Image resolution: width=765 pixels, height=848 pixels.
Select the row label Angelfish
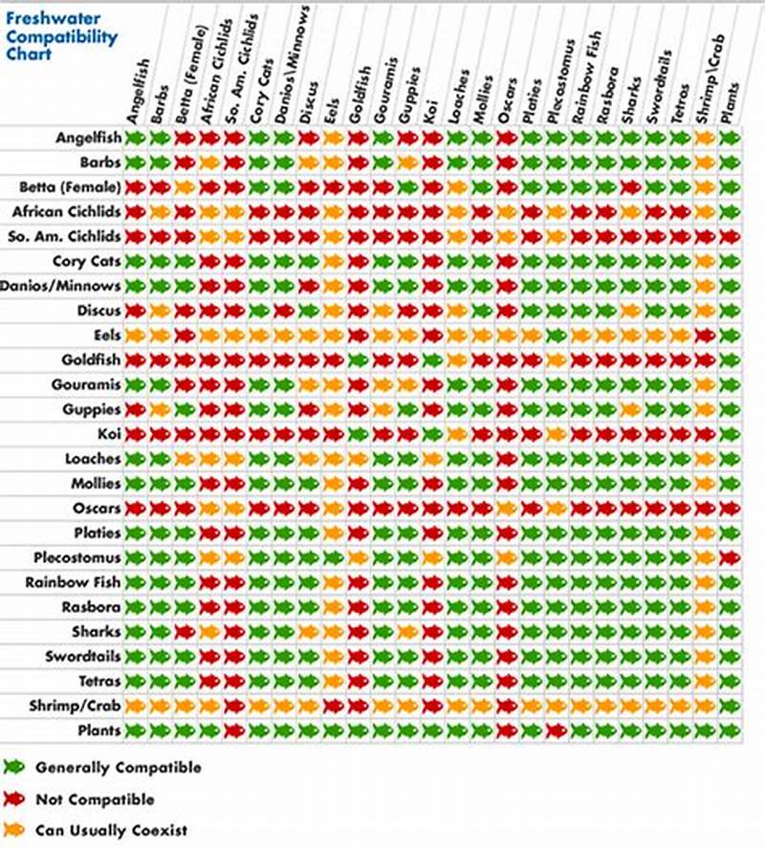pyautogui.click(x=88, y=138)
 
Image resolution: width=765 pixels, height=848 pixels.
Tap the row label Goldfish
pyautogui.click(x=91, y=359)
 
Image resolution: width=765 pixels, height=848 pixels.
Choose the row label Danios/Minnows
pyautogui.click(x=61, y=286)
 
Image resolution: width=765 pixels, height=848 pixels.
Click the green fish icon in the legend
pyautogui.click(x=13, y=767)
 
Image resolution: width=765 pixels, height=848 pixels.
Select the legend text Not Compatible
pyautogui.click(x=95, y=798)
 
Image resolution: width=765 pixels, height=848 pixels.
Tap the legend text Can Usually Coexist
pyautogui.click(x=111, y=830)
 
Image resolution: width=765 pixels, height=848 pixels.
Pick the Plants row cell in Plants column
pyautogui.click(x=730, y=730)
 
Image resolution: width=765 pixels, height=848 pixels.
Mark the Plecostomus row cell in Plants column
pyautogui.click(x=730, y=557)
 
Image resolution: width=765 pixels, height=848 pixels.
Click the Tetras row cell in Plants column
pyautogui.click(x=730, y=681)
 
